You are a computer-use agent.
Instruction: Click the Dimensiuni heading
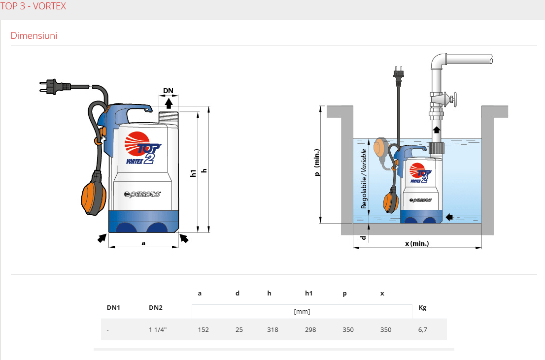(34, 36)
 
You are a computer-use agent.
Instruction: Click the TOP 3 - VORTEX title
(33, 6)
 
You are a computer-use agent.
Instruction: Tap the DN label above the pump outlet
(168, 91)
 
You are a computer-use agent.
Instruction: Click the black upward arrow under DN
(169, 103)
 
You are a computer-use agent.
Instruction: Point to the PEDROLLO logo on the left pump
(142, 194)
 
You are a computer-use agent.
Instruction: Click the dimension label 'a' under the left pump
(143, 243)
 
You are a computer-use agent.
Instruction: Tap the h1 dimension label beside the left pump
(193, 173)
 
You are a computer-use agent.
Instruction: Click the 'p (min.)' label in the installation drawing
(317, 163)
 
